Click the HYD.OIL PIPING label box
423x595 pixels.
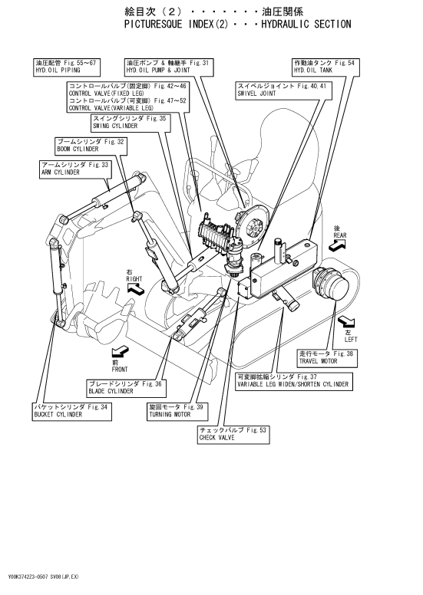coord(67,67)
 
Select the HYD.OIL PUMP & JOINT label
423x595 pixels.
coord(169,67)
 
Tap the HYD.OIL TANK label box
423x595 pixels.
coord(326,67)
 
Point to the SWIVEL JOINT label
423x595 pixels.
coord(283,90)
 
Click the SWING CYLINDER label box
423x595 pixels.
coord(131,123)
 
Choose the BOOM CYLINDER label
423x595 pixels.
coord(91,146)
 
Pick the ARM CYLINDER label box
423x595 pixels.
coord(76,169)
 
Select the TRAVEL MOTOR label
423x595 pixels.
coord(327,358)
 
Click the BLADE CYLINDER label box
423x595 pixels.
coord(127,388)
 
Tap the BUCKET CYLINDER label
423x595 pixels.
coord(72,411)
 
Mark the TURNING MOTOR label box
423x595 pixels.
coord(178,411)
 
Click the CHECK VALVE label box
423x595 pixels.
coord(234,434)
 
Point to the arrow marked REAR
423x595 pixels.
coord(337,245)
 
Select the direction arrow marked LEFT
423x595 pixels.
coord(346,323)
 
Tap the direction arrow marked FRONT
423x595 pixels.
coord(121,352)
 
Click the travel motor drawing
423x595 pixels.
coord(329,284)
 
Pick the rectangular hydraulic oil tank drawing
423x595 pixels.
coord(283,268)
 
